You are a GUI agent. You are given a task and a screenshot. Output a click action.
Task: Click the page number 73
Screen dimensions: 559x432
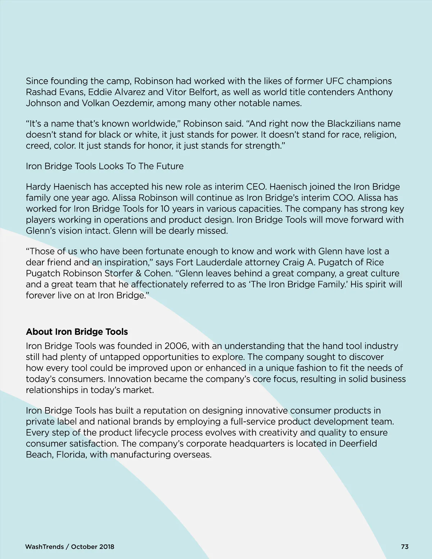[405, 546]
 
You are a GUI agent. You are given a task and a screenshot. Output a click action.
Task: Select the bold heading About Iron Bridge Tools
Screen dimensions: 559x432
[77, 332]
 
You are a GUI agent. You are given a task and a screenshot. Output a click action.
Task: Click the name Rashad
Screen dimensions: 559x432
[40, 92]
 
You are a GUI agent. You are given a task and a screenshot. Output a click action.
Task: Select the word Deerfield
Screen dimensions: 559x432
[358, 443]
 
